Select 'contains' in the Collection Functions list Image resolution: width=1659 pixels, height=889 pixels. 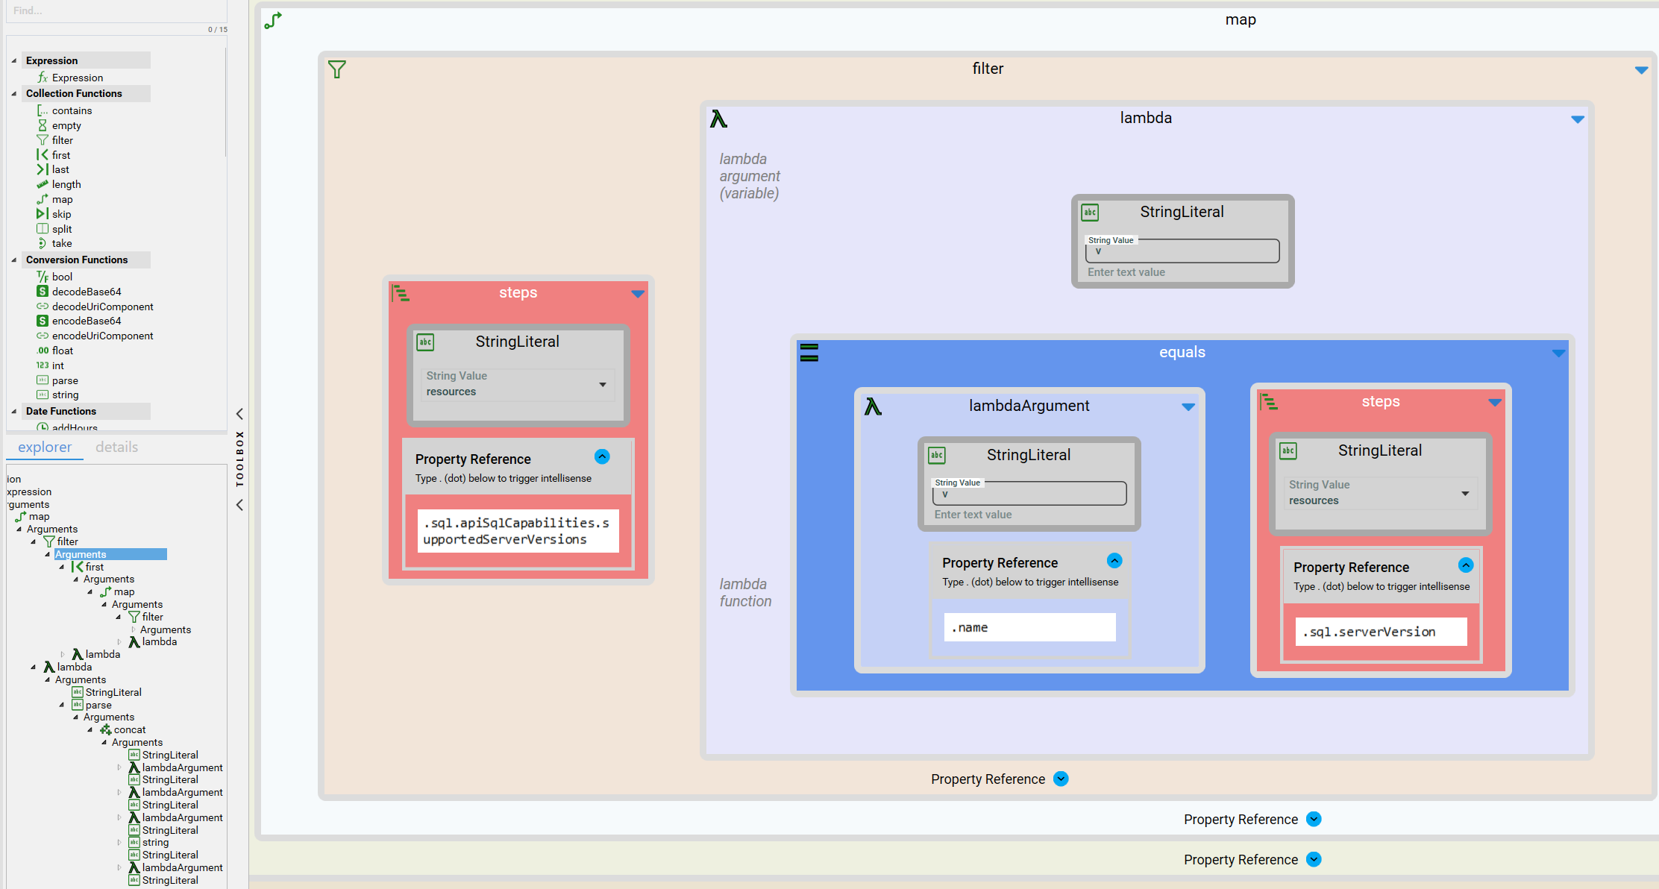72,110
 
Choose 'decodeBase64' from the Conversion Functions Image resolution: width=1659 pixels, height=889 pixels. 87,292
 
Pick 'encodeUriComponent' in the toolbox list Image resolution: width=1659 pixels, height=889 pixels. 102,336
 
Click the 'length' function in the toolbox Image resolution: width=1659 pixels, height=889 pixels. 66,184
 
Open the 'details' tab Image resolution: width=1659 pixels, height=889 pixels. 116,447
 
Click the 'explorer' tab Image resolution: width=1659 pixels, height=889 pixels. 45,447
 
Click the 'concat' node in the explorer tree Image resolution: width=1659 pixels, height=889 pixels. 130,729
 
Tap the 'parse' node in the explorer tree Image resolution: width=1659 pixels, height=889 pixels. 98,705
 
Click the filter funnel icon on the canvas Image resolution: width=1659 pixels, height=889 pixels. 337,69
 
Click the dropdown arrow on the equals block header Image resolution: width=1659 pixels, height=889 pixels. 1559,353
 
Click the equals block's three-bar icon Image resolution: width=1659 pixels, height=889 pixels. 809,352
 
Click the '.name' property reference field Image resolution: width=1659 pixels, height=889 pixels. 1029,627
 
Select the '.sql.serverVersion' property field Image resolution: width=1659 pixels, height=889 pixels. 1382,632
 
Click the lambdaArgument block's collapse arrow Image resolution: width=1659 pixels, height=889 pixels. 1188,406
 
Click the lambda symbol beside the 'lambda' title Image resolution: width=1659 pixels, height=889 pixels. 718,119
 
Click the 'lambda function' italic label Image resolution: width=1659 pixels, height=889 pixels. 745,592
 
